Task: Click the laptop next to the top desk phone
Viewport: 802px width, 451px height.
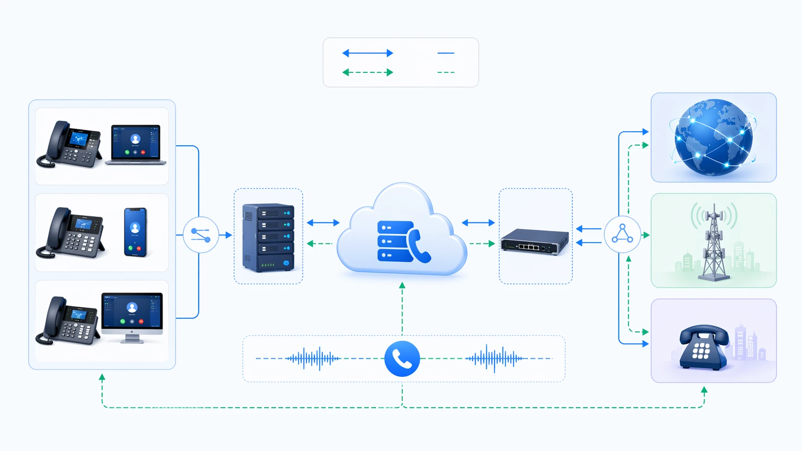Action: point(136,144)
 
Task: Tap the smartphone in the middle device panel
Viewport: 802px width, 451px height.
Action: point(135,232)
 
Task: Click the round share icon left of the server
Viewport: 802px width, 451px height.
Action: point(201,235)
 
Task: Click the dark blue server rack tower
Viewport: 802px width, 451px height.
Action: point(268,237)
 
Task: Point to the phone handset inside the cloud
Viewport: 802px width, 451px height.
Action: point(419,246)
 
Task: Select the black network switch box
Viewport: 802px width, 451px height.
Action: point(535,241)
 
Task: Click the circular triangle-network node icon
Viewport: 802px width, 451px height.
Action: point(622,234)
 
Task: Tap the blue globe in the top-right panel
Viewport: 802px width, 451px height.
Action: point(713,138)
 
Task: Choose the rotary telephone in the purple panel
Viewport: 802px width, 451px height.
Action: point(703,347)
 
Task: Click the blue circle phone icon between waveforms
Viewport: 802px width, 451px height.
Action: point(402,358)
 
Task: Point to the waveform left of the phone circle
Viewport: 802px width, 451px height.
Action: point(313,358)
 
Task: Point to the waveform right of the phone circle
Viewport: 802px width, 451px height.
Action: point(494,358)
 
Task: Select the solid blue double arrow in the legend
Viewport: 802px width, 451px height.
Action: point(367,53)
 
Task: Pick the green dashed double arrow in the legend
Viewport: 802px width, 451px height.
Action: point(367,72)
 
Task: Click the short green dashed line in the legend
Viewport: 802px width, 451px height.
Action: point(446,72)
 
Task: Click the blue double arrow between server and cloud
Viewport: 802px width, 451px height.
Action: point(323,222)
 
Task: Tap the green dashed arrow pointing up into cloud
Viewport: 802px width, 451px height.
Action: point(402,307)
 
